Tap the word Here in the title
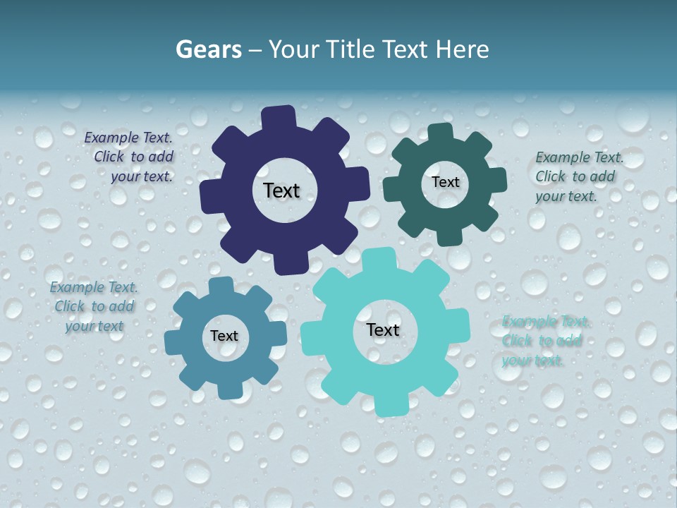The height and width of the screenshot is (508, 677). point(462,49)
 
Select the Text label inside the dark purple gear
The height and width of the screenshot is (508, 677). point(281,190)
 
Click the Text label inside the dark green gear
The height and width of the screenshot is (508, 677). point(445,182)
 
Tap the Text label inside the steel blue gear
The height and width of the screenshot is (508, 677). point(224,336)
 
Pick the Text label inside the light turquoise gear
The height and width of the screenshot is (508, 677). point(383,329)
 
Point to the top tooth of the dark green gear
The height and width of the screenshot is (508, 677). point(440,132)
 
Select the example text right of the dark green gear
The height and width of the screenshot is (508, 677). point(579,176)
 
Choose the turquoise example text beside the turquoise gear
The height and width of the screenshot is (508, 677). point(544,341)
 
